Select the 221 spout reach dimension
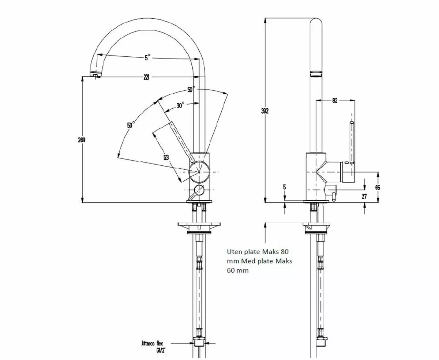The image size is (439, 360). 147,77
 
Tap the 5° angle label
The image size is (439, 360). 147,57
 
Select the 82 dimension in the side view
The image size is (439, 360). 335,101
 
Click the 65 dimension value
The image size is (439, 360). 378,187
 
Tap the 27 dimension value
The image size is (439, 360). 364,196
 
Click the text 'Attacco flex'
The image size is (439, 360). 153,344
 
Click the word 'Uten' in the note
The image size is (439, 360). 234,252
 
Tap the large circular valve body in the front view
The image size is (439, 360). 199,171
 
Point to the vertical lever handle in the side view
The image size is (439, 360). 352,143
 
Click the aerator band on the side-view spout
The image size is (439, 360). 316,74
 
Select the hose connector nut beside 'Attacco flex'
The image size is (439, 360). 199,343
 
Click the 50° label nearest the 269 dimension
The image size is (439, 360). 131,125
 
